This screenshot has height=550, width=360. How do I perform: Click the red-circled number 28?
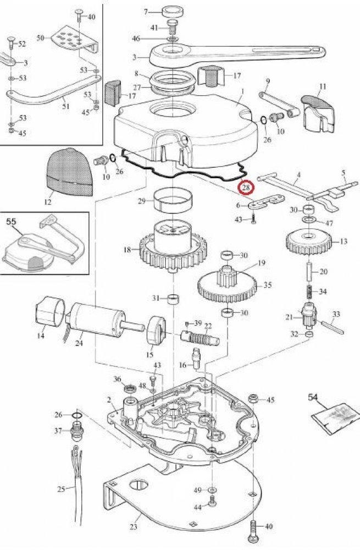(x=246, y=188)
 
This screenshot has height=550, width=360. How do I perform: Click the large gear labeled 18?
(x=173, y=245)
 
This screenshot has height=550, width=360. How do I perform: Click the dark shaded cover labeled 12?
(x=70, y=172)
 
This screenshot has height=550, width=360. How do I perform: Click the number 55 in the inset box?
(x=11, y=222)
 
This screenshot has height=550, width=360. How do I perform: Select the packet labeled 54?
(x=336, y=418)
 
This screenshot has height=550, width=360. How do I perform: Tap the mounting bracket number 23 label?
(x=133, y=526)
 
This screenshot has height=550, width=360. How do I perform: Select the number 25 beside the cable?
(x=61, y=488)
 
